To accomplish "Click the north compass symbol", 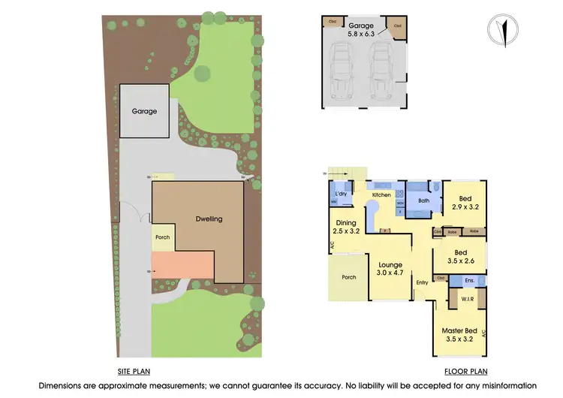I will [x=503, y=29].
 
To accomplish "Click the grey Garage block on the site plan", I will [x=144, y=111].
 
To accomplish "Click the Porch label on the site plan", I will [x=162, y=237].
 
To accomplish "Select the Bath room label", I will [x=423, y=201].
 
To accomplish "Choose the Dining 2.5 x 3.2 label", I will [x=346, y=227].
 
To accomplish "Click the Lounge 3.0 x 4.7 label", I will [x=390, y=270].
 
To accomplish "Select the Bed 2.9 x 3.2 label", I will [x=465, y=201].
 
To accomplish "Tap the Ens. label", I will [x=468, y=280].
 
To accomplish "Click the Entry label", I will [x=421, y=282].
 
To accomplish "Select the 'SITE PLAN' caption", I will [x=135, y=372].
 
